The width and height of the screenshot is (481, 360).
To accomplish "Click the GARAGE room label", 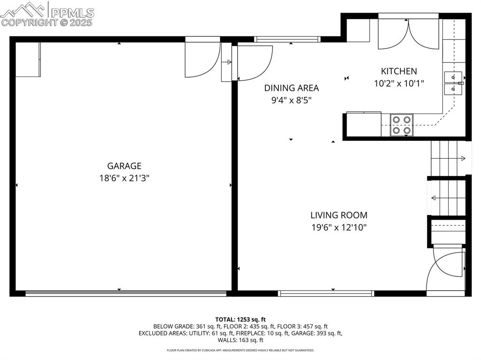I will click(124, 166).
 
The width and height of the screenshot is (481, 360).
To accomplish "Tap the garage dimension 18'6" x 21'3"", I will click(124, 178).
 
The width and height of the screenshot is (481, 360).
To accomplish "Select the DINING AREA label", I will click(291, 88).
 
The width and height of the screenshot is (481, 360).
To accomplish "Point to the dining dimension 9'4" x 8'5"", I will click(291, 100).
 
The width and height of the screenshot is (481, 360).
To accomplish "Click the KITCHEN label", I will click(398, 71).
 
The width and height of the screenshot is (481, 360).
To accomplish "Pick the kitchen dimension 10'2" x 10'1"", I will click(398, 84).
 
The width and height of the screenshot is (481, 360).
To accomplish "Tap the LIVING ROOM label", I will click(339, 215).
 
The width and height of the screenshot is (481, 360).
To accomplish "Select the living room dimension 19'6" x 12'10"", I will click(339, 228).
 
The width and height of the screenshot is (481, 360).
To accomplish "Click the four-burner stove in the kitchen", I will click(402, 125).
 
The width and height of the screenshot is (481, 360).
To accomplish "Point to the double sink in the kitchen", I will click(453, 83).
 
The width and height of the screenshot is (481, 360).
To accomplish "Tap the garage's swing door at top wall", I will click(202, 59).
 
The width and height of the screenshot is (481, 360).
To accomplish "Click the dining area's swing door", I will click(254, 62).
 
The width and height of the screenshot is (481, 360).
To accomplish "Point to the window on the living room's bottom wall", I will click(326, 293).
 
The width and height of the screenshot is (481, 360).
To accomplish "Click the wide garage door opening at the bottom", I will click(125, 293).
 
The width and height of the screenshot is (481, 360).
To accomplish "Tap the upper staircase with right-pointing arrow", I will click(449, 158).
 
